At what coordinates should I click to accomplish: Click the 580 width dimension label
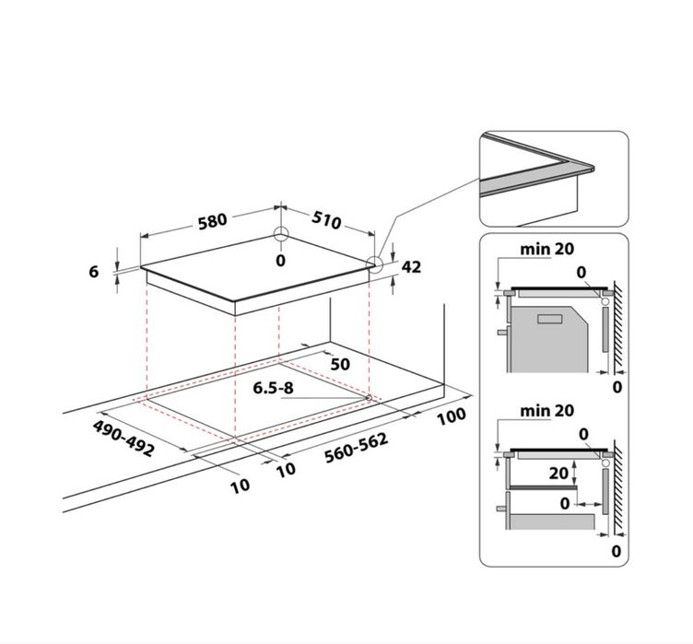(x=212, y=221)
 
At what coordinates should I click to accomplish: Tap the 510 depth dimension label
(x=326, y=219)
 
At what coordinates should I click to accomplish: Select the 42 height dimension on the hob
(x=411, y=267)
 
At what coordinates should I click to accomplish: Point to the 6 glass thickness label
(x=94, y=272)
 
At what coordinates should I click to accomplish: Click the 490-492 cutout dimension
(x=123, y=439)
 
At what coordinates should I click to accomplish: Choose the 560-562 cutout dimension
(x=357, y=448)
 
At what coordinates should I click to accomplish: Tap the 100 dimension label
(x=452, y=416)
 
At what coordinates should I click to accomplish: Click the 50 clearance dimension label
(x=340, y=364)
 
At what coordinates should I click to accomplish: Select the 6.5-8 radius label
(x=273, y=388)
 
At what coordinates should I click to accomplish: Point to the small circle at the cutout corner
(x=369, y=397)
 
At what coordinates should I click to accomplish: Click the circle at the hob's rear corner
(x=281, y=234)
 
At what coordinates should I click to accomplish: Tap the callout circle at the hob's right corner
(x=375, y=263)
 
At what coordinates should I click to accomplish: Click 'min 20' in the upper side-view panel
(x=546, y=250)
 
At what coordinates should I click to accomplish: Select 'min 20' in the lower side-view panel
(x=546, y=411)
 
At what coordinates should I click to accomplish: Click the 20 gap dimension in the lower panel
(x=558, y=474)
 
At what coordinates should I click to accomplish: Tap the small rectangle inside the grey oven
(x=550, y=319)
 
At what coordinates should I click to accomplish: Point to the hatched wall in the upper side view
(x=618, y=327)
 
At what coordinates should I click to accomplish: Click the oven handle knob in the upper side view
(x=502, y=332)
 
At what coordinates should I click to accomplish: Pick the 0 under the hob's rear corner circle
(x=281, y=261)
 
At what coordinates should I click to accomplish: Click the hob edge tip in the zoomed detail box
(x=593, y=168)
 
